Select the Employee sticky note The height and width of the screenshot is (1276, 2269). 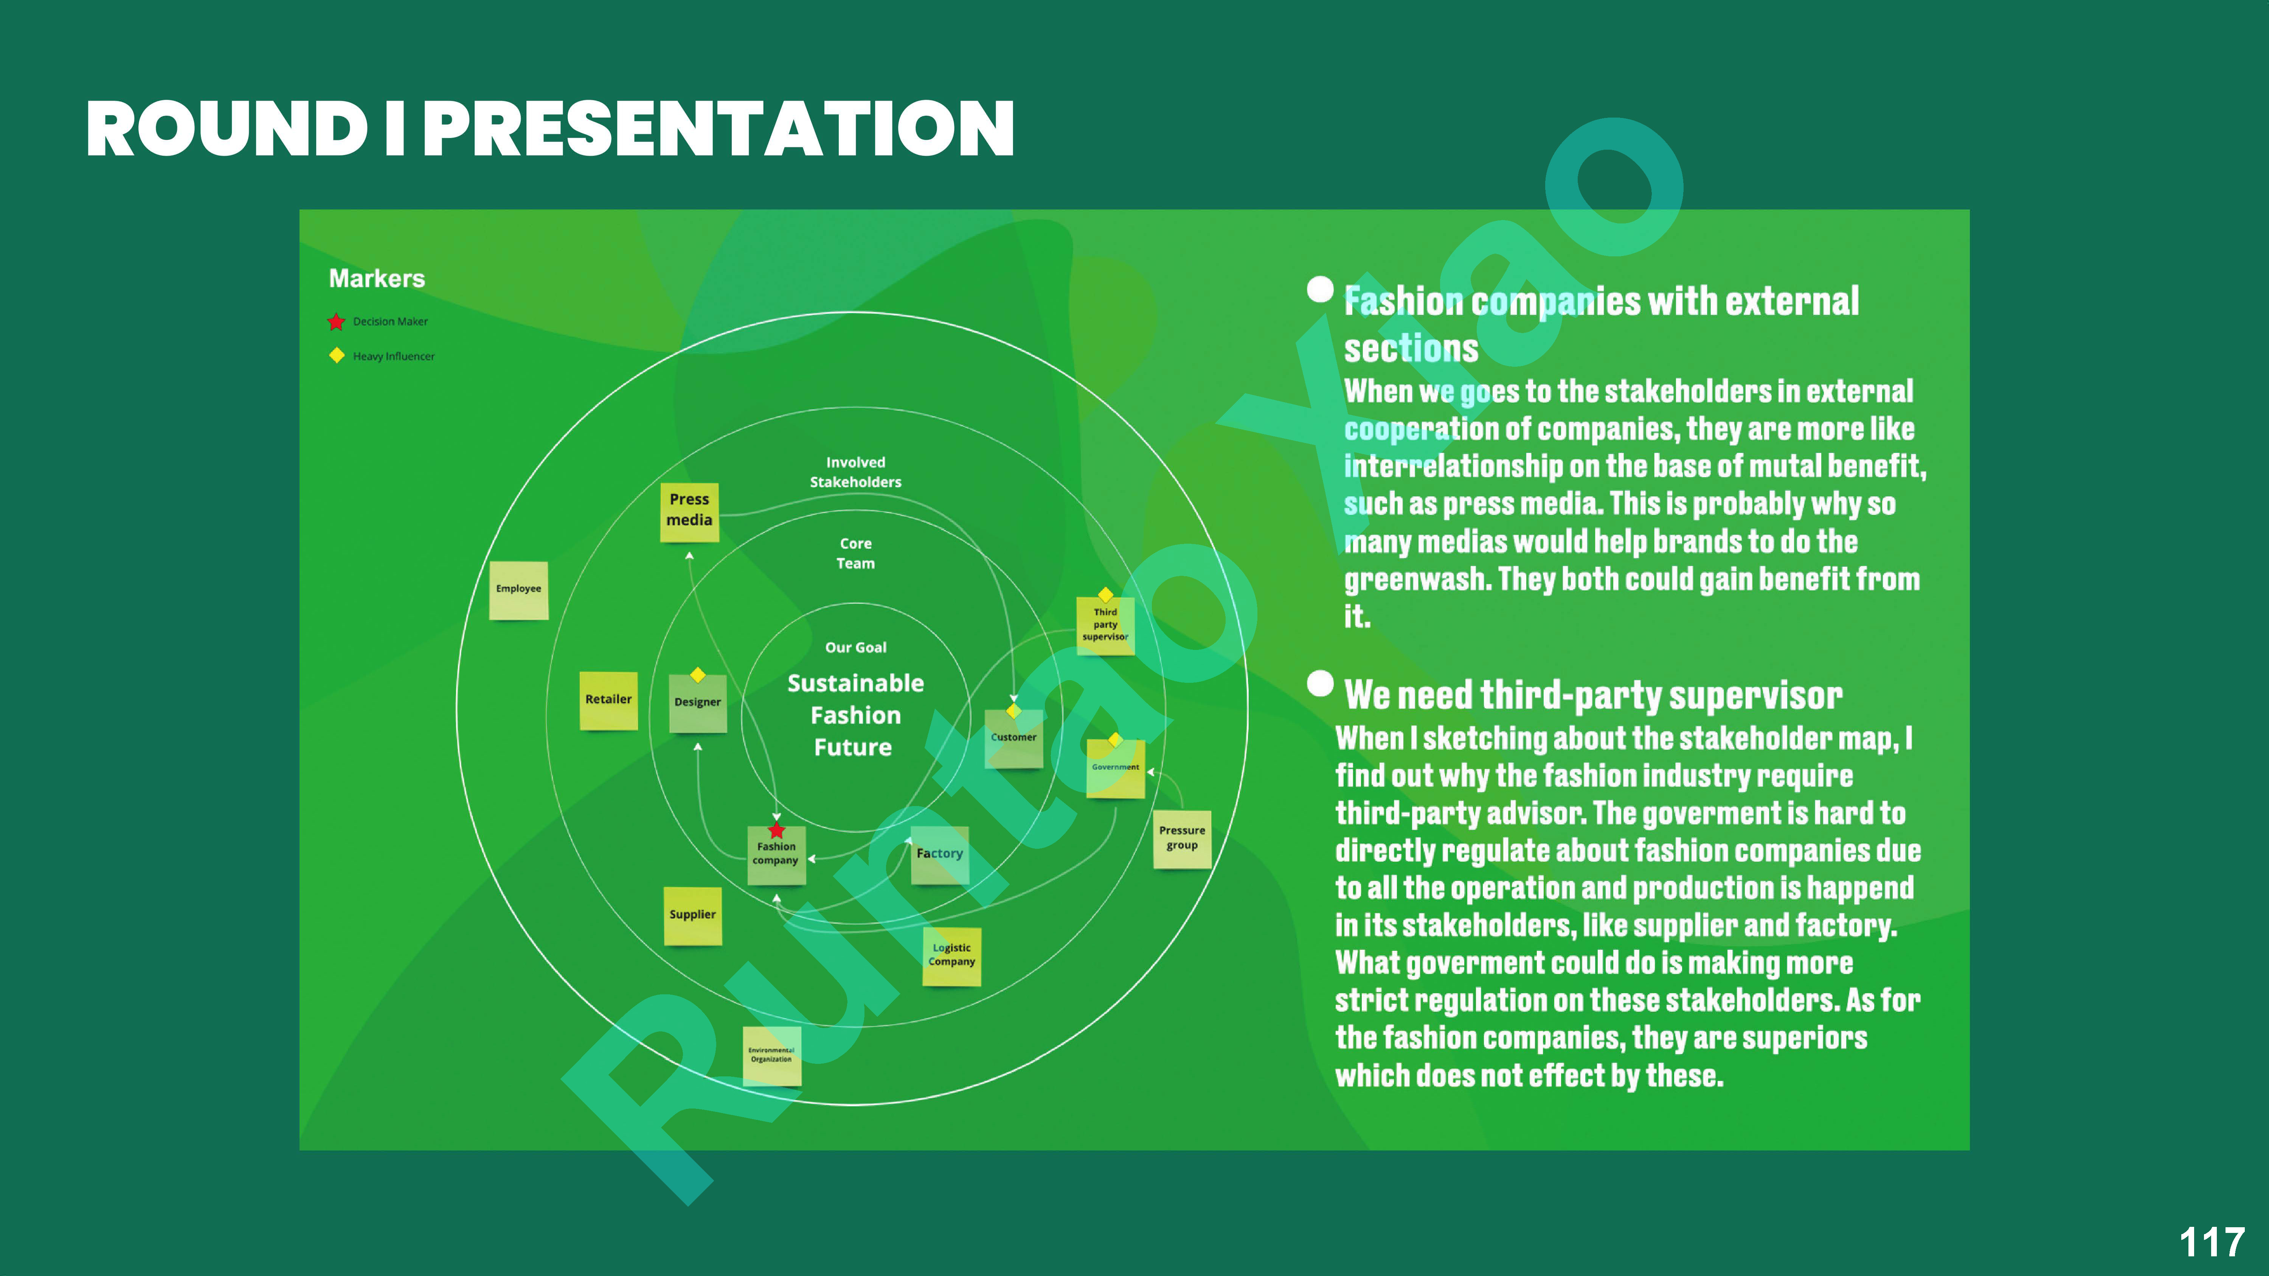519,590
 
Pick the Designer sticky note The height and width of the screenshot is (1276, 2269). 698,704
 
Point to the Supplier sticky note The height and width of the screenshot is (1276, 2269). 692,916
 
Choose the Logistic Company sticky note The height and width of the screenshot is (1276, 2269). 951,957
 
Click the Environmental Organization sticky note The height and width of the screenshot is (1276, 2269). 771,1056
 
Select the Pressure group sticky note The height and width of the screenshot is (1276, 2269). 1182,839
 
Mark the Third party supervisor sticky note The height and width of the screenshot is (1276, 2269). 1105,625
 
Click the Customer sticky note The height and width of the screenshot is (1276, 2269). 1014,739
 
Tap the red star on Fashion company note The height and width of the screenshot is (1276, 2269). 776,830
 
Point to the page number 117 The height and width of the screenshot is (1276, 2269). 2211,1242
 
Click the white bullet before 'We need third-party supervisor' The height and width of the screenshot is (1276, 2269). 1319,683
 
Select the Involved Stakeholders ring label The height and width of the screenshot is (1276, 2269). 855,472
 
